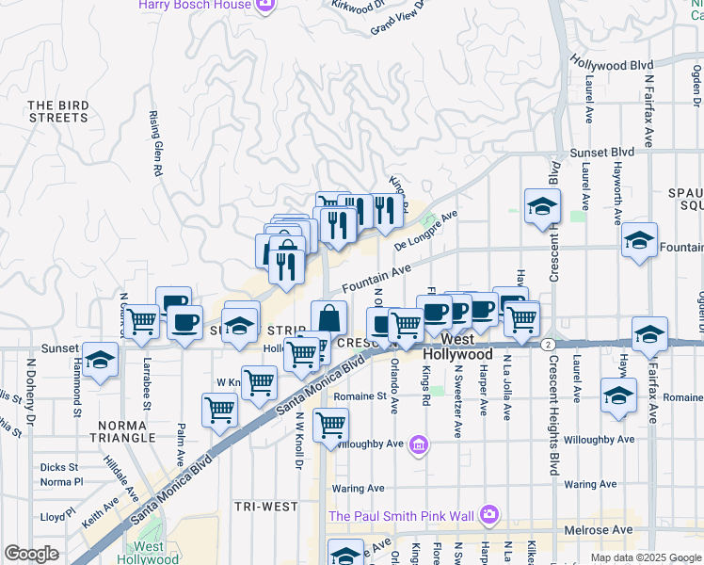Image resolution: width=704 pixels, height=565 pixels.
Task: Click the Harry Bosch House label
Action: coord(195,5)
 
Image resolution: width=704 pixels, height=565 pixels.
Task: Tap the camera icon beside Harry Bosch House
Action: coord(265,5)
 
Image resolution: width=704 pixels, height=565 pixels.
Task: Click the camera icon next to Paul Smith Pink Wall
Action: coord(489,514)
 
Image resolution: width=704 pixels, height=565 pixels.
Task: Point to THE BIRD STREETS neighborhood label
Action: coord(57,111)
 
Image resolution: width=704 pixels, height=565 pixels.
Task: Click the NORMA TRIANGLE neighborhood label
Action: coord(122,430)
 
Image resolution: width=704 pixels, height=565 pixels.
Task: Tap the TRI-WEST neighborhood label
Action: coord(266,507)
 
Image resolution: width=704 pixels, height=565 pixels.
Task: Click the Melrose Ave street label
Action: coord(598,530)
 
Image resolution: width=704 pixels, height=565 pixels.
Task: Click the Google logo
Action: coord(31,554)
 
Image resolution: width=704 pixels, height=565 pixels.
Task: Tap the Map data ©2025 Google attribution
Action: coord(645,557)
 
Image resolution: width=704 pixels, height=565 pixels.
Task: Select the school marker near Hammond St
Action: coord(100,361)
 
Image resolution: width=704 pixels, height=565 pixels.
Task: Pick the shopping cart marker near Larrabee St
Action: coord(142,321)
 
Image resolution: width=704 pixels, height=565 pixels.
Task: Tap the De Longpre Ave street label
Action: coord(425,231)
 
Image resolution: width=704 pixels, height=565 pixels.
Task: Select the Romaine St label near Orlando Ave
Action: coord(354,397)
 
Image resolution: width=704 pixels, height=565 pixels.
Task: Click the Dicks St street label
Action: coord(58,467)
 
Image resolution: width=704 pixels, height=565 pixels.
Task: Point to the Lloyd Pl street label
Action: coord(57,517)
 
